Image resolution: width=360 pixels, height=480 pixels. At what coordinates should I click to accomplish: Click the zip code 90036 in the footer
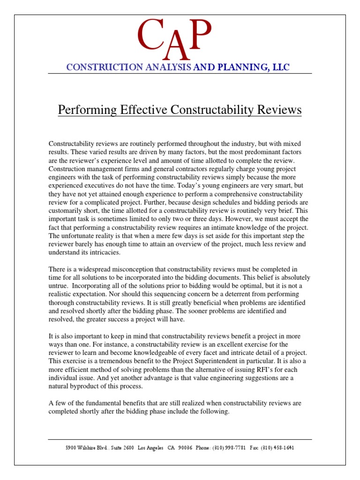(x=184, y=448)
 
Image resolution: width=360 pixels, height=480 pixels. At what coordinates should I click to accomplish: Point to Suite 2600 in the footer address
(x=120, y=448)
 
